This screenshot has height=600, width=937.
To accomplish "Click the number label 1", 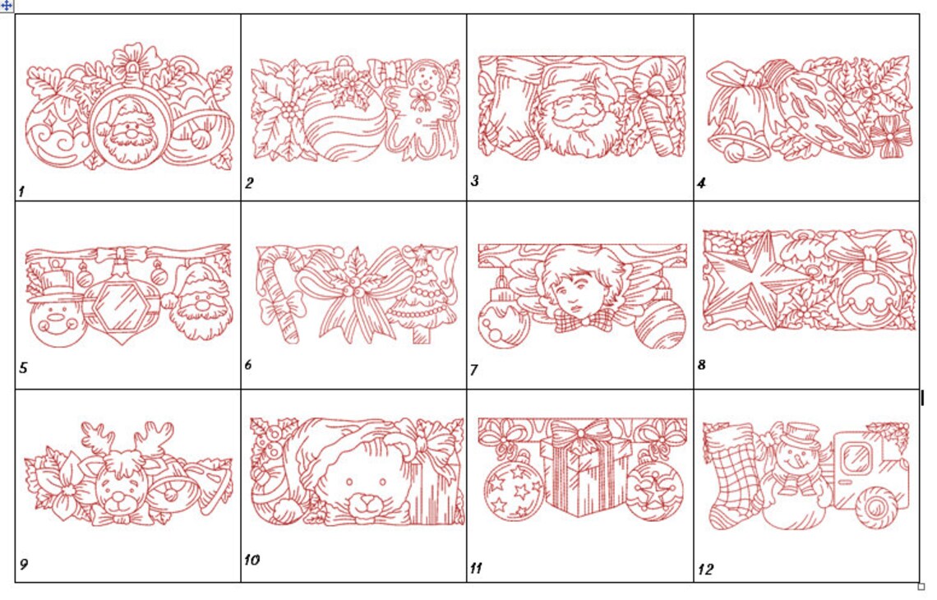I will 21,192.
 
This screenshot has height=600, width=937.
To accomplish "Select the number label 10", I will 252,560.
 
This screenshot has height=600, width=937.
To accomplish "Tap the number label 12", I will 705,570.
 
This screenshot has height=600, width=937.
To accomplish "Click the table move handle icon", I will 7,6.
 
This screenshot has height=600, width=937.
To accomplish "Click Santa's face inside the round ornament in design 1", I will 130,134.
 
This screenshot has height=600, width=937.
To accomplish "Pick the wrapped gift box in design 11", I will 584,473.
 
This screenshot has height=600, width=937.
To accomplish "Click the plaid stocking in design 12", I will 734,475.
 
